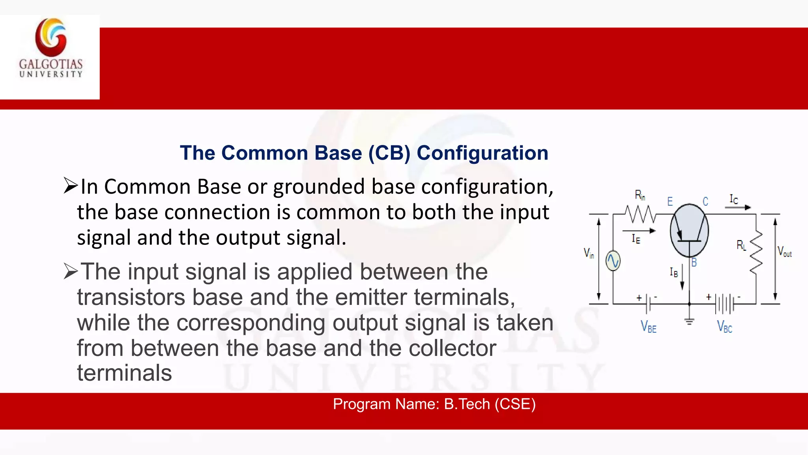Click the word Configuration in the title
click(482, 153)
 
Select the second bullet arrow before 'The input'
click(71, 271)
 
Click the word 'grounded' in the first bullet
click(319, 187)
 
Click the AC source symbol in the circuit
click(613, 261)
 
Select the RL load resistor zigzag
click(756, 252)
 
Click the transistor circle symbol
click(689, 231)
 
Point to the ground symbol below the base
click(689, 322)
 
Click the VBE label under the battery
click(649, 327)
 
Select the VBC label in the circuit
click(724, 327)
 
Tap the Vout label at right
click(784, 252)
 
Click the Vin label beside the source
click(589, 253)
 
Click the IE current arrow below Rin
click(639, 231)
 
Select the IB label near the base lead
click(673, 272)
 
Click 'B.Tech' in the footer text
click(467, 404)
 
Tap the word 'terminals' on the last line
click(125, 373)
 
